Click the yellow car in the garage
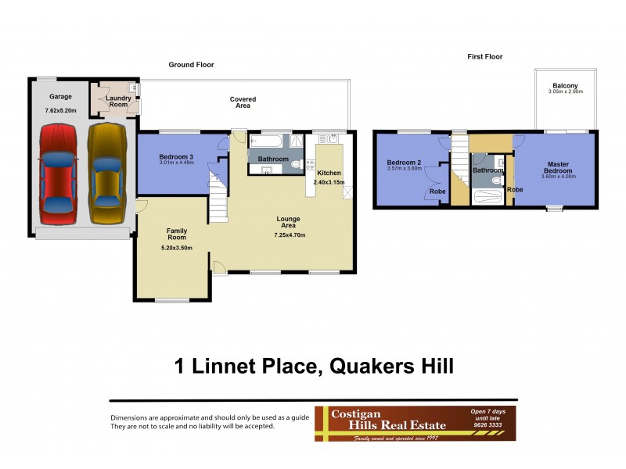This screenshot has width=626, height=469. [106, 173]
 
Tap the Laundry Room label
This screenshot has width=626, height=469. [118, 100]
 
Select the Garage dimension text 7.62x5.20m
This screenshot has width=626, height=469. [61, 111]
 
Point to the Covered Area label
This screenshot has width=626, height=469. [243, 102]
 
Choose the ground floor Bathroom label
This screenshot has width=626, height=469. [273, 159]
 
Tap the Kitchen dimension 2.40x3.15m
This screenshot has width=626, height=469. [329, 182]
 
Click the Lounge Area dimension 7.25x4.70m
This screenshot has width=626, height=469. [290, 234]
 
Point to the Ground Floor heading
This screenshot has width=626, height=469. [191, 65]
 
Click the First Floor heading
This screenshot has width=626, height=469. [484, 56]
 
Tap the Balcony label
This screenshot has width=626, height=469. [565, 85]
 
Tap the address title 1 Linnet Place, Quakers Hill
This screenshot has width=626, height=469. [312, 365]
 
